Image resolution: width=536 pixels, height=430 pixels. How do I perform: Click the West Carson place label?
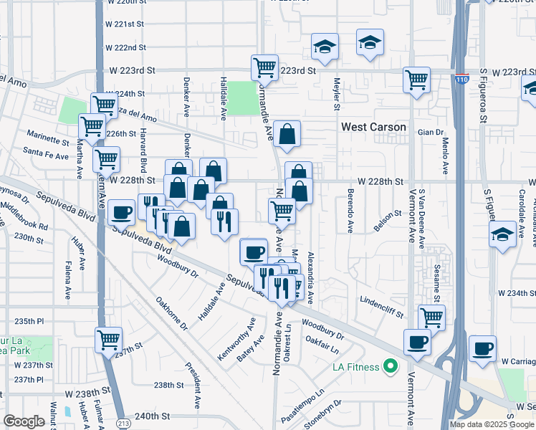(x=373, y=127)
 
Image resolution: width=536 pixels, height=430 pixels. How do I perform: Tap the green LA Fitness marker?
(x=391, y=368)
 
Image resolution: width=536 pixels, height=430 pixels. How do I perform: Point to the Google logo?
(x=24, y=421)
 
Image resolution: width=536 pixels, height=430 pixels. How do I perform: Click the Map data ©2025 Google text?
(x=492, y=424)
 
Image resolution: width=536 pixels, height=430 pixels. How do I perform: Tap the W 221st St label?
(x=125, y=24)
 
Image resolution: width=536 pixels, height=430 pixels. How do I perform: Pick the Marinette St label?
(x=46, y=134)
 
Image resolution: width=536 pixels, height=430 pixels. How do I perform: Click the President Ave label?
(x=191, y=384)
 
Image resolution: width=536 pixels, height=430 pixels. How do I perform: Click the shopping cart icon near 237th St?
(x=109, y=338)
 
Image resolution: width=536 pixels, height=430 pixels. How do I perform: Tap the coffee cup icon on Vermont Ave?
(x=417, y=341)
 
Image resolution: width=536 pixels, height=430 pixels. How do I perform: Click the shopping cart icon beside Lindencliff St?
(x=431, y=316)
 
